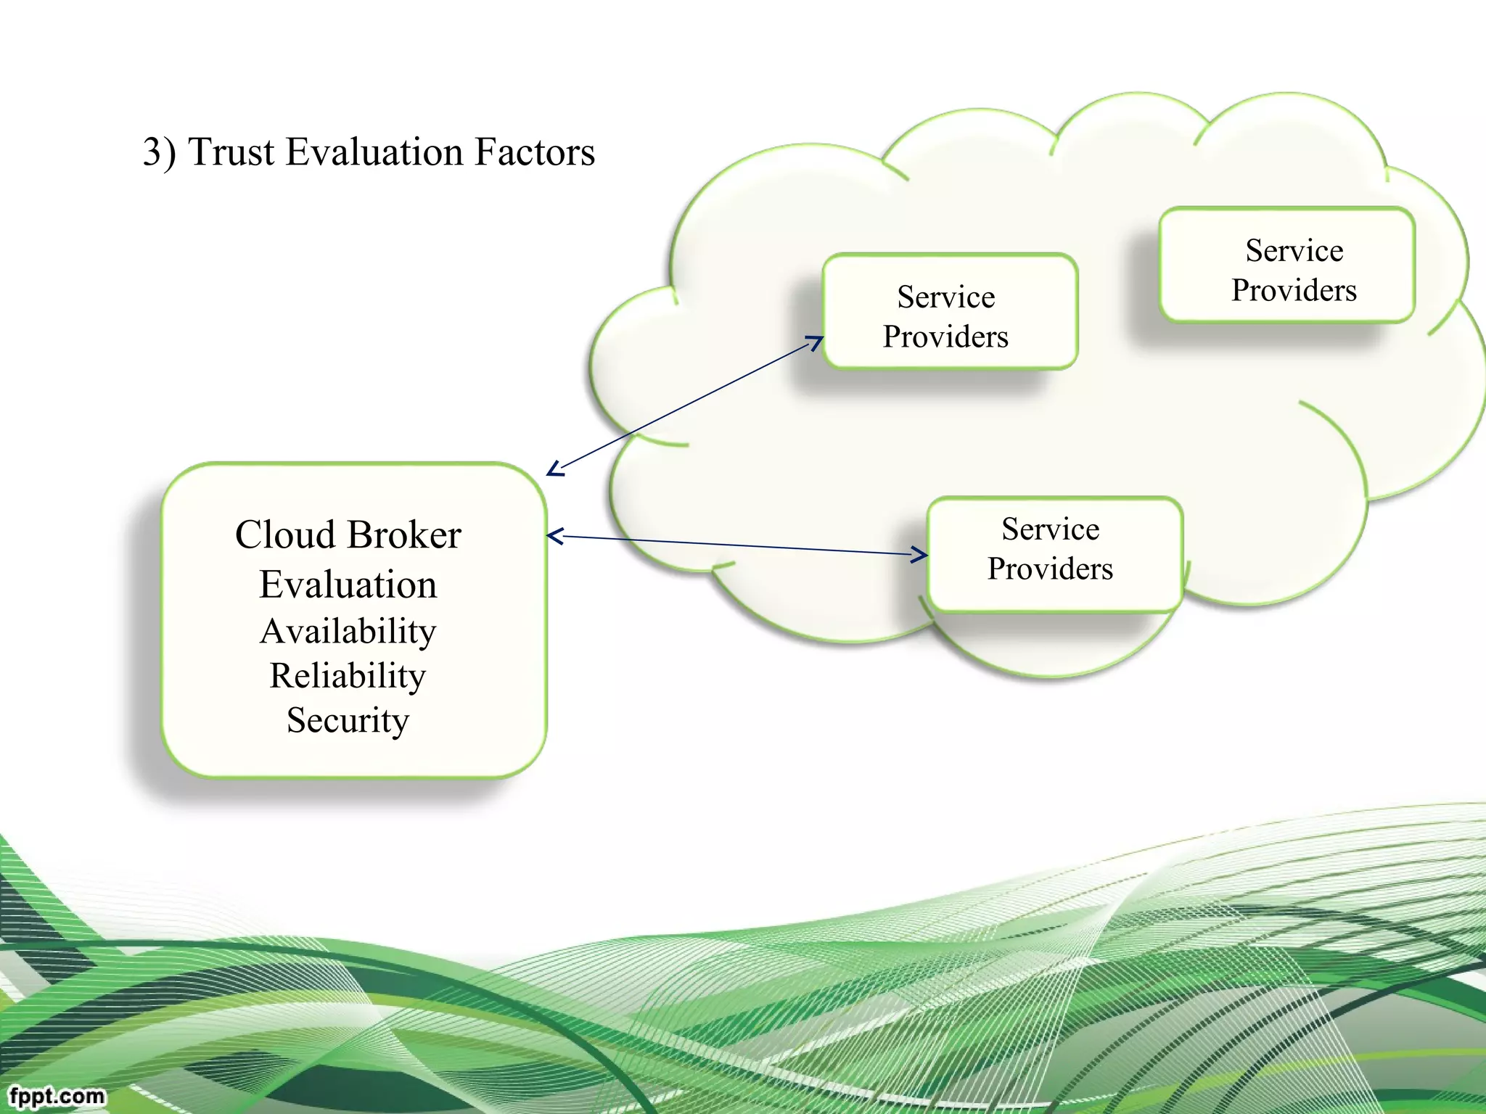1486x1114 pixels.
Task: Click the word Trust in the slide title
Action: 231,152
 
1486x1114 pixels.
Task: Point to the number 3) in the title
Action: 159,152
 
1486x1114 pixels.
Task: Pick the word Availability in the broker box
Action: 348,631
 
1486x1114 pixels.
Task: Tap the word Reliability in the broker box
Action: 348,676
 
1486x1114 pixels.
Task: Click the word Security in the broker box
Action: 348,720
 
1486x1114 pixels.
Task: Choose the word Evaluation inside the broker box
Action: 348,585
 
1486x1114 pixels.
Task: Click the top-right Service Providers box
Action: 1287,265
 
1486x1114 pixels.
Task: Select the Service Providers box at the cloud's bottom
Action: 1055,554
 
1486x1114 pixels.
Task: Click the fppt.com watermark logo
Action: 57,1095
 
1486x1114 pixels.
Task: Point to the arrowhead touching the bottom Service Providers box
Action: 920,555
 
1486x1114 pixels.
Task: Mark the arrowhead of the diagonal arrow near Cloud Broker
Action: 554,470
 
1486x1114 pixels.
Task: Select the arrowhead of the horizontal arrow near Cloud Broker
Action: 554,537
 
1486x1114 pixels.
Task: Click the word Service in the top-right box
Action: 1294,251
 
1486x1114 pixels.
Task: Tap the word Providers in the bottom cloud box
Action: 1050,569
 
